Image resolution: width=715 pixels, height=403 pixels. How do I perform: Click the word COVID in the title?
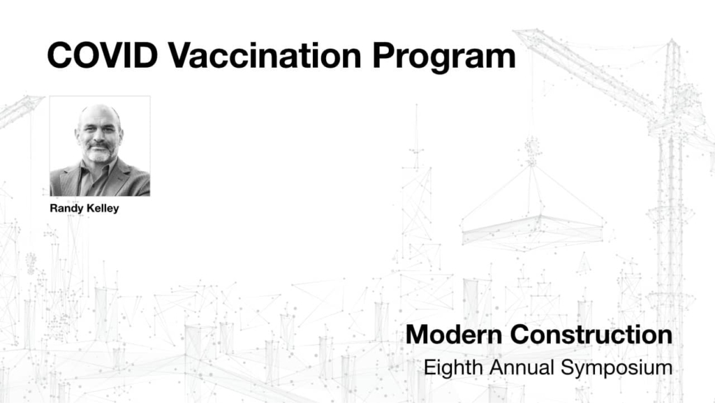102,56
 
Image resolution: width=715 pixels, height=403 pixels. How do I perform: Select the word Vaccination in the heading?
265,56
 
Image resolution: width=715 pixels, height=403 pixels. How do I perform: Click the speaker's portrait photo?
100,146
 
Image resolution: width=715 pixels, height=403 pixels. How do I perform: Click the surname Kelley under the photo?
101,208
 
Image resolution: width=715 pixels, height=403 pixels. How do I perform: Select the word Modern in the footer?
454,335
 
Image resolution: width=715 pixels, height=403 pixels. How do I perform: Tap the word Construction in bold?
591,335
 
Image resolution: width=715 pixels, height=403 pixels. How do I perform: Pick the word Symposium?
617,368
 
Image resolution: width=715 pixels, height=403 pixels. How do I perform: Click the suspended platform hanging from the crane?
531,230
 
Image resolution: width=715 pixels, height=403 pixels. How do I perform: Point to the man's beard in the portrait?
99,154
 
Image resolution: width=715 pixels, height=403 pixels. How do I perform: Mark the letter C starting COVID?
61,56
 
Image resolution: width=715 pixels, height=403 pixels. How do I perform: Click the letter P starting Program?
384,56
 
